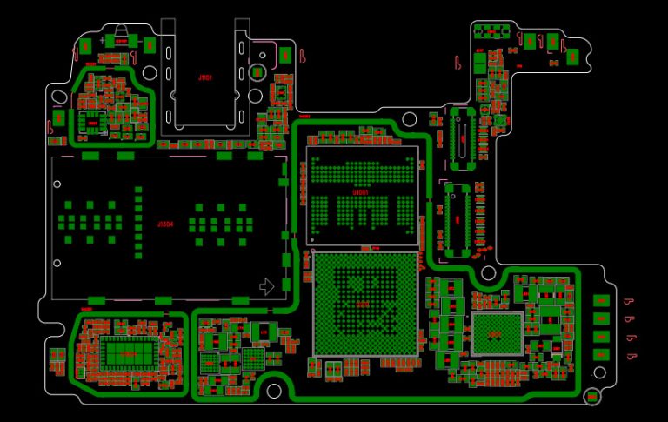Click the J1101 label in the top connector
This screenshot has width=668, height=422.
[x=204, y=77]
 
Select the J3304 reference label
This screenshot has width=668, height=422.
[x=165, y=224]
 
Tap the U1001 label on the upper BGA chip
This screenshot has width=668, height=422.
[x=362, y=191]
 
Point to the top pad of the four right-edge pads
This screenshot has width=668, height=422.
[x=600, y=301]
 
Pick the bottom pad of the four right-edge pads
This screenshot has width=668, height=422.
[x=600, y=354]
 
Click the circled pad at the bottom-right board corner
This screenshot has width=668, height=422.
[x=592, y=397]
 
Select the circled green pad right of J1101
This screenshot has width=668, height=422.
[x=257, y=72]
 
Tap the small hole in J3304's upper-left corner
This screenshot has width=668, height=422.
[x=57, y=184]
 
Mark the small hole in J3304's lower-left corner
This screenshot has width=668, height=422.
[x=57, y=263]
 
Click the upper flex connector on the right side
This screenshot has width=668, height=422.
[x=462, y=139]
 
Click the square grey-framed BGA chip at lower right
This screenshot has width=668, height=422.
[x=497, y=334]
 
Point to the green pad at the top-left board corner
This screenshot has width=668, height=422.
[x=86, y=45]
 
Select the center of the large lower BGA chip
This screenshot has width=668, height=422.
[x=364, y=304]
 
